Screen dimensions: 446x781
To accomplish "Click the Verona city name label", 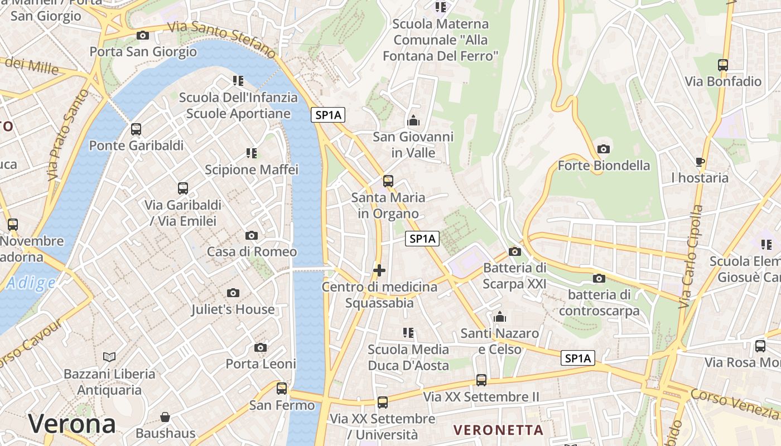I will pyautogui.click(x=72, y=424).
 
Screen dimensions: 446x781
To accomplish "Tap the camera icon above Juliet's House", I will pyautogui.click(x=233, y=293).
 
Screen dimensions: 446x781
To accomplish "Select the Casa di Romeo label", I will pyautogui.click(x=252, y=251).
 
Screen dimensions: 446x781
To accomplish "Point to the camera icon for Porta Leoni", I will pyautogui.click(x=260, y=348).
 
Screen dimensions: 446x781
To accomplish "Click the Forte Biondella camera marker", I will pyautogui.click(x=603, y=149).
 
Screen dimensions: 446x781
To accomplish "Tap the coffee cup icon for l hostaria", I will pyautogui.click(x=700, y=162).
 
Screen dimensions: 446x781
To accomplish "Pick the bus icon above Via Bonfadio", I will pyautogui.click(x=723, y=65).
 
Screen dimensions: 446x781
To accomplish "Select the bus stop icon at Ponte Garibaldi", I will pyautogui.click(x=136, y=129).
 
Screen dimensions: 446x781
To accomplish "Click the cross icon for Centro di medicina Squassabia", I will pyautogui.click(x=379, y=271).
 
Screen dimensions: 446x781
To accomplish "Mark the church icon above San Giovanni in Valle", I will pyautogui.click(x=413, y=120).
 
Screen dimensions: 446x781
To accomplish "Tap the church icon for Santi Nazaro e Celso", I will pyautogui.click(x=500, y=317).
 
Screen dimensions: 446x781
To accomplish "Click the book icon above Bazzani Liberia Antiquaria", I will pyautogui.click(x=109, y=357).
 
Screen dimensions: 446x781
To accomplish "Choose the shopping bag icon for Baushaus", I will pyautogui.click(x=165, y=417).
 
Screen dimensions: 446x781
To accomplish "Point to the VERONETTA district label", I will pyautogui.click(x=498, y=430).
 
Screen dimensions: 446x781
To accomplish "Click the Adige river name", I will pyautogui.click(x=31, y=283).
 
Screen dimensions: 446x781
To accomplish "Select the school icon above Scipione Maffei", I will pyautogui.click(x=251, y=153).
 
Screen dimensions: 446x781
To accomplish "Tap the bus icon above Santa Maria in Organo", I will pyautogui.click(x=388, y=181).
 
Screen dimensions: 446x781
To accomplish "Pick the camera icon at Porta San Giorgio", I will pyautogui.click(x=143, y=35).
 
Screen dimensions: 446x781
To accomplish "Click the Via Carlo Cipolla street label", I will pyautogui.click(x=691, y=257).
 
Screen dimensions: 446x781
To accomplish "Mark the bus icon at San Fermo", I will pyautogui.click(x=282, y=388).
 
